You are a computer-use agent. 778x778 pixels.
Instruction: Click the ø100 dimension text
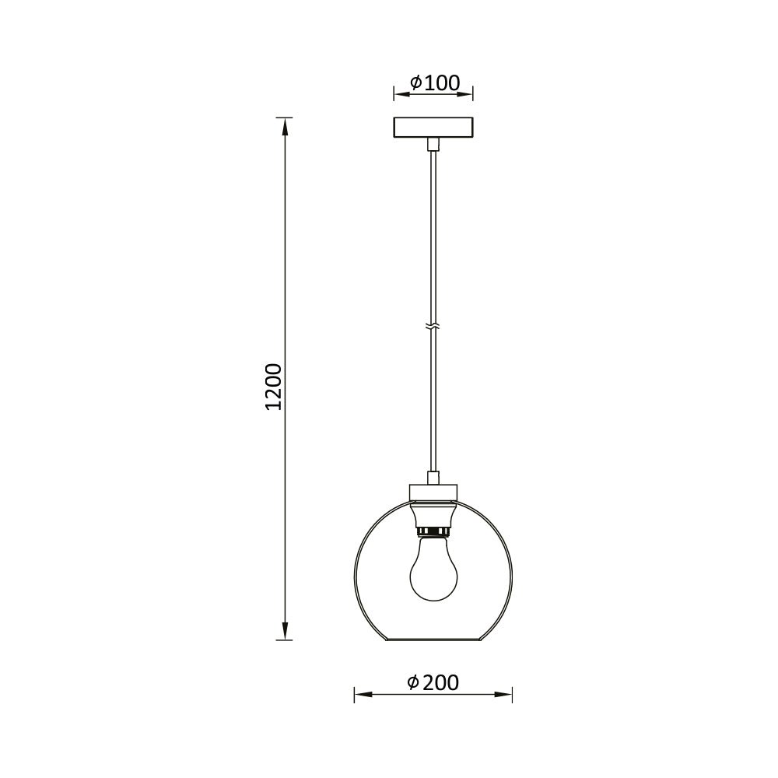pos(434,82)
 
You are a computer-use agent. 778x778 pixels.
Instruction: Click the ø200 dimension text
pos(433,682)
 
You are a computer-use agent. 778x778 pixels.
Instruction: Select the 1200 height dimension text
pos(273,387)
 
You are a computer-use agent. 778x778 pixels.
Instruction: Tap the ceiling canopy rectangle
pos(433,128)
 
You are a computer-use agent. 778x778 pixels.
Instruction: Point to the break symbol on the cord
pos(433,324)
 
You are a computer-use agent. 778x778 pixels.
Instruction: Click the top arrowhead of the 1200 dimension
pos(286,125)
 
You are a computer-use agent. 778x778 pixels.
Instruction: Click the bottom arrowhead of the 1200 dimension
pos(286,632)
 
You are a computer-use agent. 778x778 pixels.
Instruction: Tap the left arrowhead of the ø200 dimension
pos(361,694)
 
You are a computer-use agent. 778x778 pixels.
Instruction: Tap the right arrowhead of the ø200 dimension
pos(505,694)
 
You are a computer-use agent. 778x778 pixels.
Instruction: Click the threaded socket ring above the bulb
pos(433,531)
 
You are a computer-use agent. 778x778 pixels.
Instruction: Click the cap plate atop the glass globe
pos(433,492)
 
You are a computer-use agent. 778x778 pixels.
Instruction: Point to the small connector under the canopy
pos(433,144)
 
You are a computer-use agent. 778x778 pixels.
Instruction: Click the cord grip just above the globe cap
pos(433,477)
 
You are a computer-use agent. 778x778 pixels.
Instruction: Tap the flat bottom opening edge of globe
pos(433,640)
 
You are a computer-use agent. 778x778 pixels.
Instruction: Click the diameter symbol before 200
pos(414,682)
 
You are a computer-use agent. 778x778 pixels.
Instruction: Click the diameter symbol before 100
pos(415,82)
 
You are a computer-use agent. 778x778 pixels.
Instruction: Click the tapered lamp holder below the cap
pos(433,513)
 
